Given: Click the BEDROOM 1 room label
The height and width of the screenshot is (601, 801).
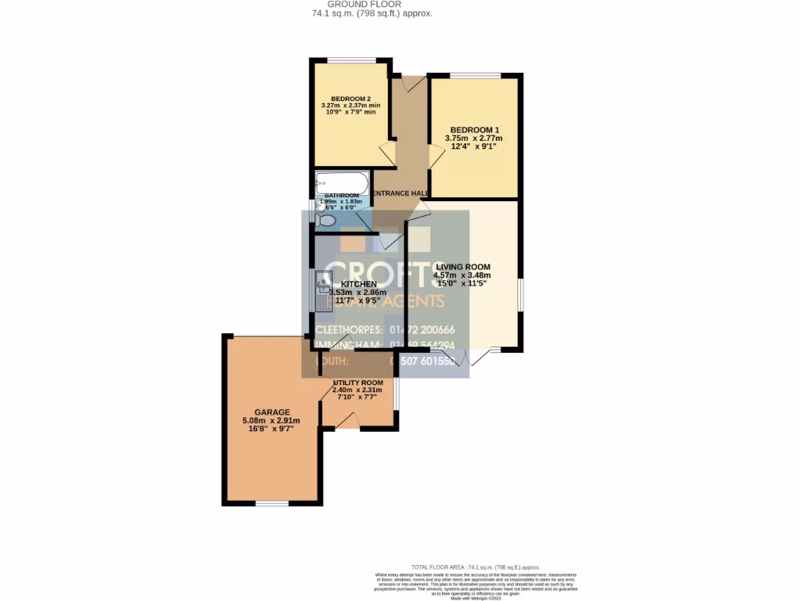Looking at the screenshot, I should click(473, 129).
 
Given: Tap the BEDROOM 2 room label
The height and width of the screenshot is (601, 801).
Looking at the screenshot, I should click(350, 99).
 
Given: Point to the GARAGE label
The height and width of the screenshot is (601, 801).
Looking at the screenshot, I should click(271, 412).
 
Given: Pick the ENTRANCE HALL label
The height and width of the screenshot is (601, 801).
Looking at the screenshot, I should click(400, 193).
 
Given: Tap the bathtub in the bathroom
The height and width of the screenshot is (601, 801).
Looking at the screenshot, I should click(341, 183).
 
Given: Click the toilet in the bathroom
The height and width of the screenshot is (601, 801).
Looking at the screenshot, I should click(326, 221).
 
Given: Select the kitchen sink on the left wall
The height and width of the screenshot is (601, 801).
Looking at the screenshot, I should click(321, 290).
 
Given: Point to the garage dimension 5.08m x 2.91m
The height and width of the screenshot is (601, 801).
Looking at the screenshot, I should click(271, 420).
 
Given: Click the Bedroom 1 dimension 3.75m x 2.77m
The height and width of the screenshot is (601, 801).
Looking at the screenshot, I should click(473, 139).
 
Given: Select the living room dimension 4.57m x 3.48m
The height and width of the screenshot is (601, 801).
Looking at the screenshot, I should click(462, 275).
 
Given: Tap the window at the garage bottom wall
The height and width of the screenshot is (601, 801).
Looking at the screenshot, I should click(272, 503).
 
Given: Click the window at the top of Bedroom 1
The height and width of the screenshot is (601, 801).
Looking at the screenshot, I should click(475, 75).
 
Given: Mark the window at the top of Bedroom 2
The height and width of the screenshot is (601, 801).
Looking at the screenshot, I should click(350, 60).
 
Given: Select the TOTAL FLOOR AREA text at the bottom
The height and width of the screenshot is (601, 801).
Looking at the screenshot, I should click(476, 567).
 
